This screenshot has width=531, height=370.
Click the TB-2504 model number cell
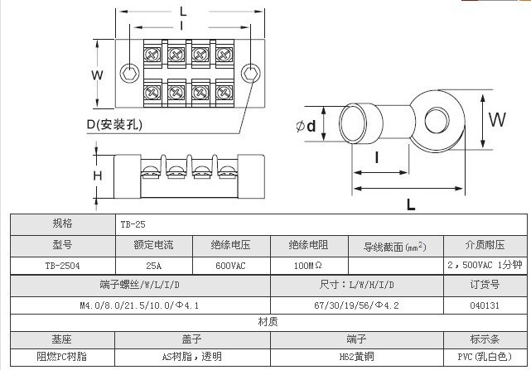pyautogui.click(x=61, y=267)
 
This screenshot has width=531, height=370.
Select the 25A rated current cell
pyautogui.click(x=153, y=267)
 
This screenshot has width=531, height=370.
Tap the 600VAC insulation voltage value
pyautogui.click(x=231, y=267)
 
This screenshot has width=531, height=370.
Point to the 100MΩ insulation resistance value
pyautogui.click(x=308, y=267)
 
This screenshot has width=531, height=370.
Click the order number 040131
pyautogui.click(x=484, y=305)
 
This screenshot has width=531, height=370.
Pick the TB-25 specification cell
pyautogui.click(x=133, y=224)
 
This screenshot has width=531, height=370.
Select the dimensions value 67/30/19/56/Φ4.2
pyautogui.click(x=357, y=305)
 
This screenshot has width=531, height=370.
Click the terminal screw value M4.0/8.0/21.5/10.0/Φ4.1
pyautogui.click(x=139, y=305)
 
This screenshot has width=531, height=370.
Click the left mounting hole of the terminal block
pyautogui.click(x=127, y=72)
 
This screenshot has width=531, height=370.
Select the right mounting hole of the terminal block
pyautogui.click(x=251, y=72)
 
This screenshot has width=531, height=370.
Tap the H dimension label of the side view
pyautogui.click(x=97, y=175)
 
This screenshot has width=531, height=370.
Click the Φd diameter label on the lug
pyautogui.click(x=306, y=127)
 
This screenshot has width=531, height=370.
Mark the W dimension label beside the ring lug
pyautogui.click(x=496, y=119)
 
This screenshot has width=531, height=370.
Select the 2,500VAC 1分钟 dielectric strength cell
pyautogui.click(x=484, y=267)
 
